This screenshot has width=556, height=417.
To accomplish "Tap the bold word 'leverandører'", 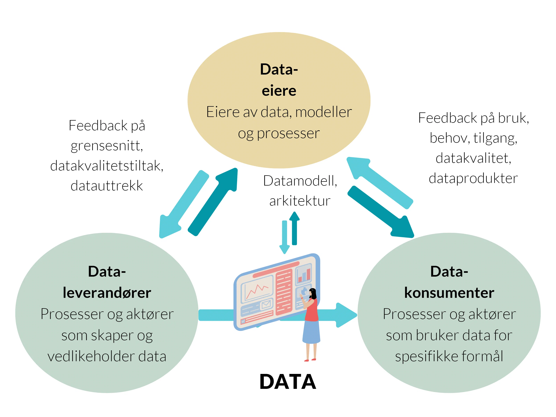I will coord(107,293).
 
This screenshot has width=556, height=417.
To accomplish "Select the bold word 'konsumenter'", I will coord(449,293).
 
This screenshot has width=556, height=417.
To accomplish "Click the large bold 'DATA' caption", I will coord(288,382).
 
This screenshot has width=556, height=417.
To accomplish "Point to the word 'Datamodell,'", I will coord(300,181).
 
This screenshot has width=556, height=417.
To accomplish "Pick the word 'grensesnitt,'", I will coord(107,146).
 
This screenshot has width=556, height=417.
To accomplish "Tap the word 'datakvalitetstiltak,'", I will coord(107,166).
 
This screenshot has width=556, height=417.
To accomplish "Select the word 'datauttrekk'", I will coord(107,186).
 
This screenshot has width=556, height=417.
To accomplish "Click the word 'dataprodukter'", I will coord(473,178).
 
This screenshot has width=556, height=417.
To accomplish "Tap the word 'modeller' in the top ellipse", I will coord(324,112).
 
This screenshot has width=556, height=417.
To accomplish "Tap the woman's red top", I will coord(312,310).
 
